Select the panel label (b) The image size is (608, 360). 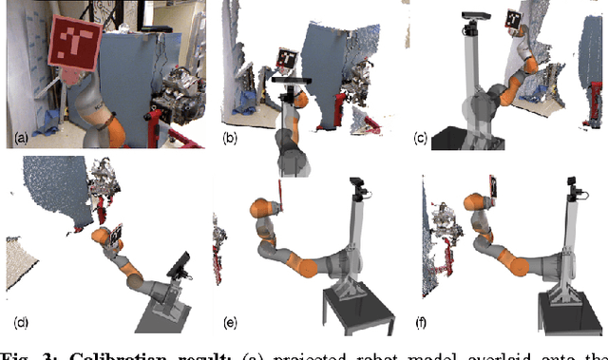click(229, 140)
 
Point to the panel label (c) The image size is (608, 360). click(420, 139)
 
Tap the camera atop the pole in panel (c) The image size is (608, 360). click(472, 16)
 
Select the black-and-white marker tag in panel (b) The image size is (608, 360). click(288, 59)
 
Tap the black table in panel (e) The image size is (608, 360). click(357, 313)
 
